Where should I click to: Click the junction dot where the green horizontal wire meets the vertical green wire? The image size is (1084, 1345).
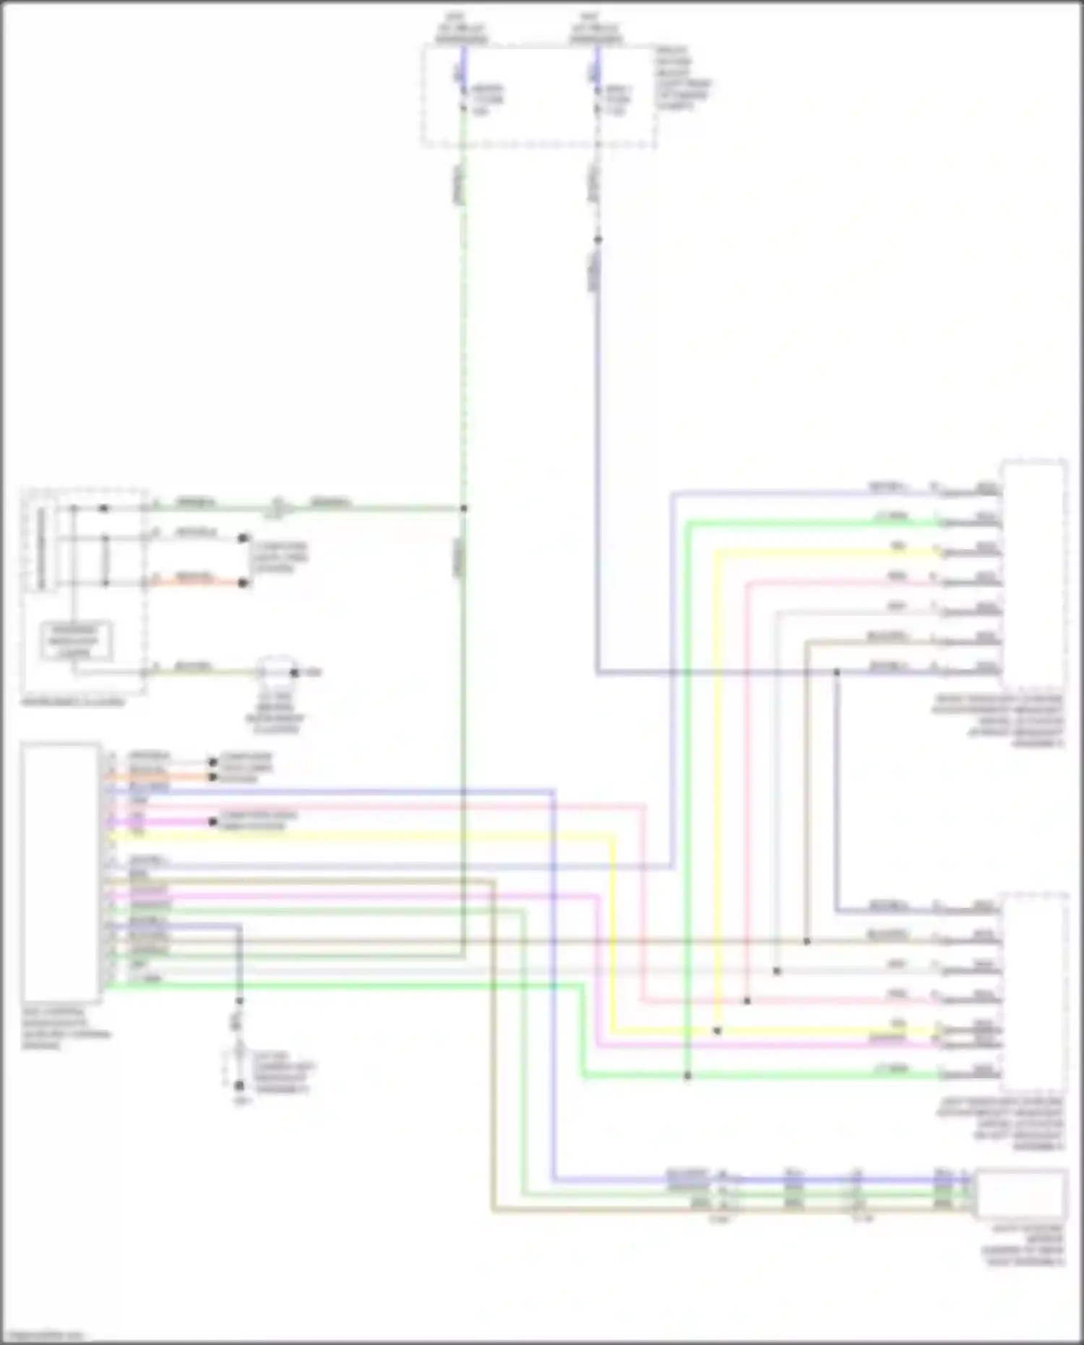tap(463, 508)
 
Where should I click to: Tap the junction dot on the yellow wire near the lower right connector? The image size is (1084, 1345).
tap(717, 1031)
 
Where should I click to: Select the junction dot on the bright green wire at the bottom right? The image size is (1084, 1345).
tap(687, 1075)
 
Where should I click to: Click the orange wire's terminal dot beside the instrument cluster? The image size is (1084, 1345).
tap(244, 583)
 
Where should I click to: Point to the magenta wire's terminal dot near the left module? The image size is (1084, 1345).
tap(212, 822)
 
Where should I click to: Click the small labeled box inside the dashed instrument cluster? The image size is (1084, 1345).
tap(75, 641)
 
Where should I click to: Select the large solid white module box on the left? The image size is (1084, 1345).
tap(61, 872)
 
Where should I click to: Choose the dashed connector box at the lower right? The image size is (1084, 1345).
tap(1035, 994)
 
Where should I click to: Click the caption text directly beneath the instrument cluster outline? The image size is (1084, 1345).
tap(72, 702)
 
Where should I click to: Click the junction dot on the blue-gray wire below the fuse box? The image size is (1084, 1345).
tap(598, 239)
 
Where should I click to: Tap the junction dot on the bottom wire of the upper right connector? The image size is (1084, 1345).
tap(836, 672)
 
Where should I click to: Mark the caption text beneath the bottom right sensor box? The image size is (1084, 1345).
tap(1022, 1245)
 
